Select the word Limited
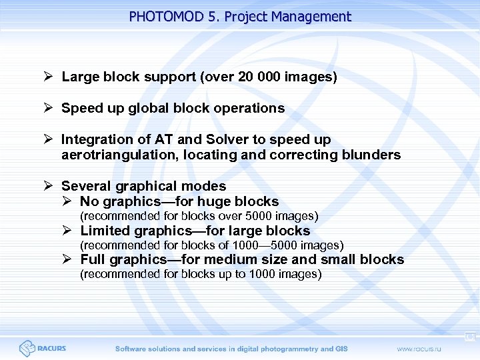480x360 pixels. (105, 231)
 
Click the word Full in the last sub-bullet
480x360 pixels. (93, 260)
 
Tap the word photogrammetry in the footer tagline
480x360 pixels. (287, 349)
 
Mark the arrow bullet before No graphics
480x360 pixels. (67, 201)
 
